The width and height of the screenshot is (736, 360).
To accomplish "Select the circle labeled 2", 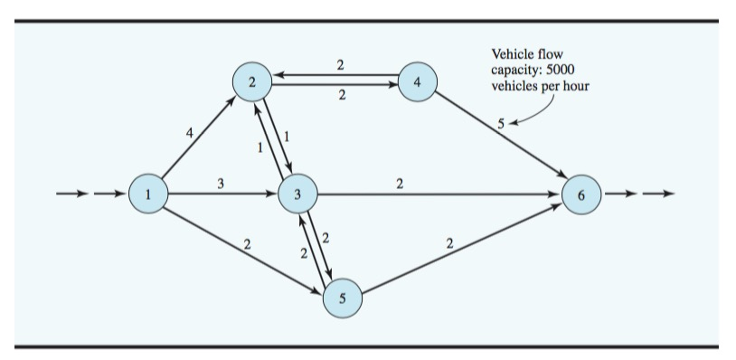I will click(252, 82).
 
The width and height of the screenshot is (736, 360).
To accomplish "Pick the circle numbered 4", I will click(417, 82).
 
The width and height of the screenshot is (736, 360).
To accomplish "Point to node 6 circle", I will click(580, 193).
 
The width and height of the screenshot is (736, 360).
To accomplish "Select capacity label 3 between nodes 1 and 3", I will click(222, 183).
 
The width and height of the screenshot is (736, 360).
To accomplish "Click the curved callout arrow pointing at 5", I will click(530, 115).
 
